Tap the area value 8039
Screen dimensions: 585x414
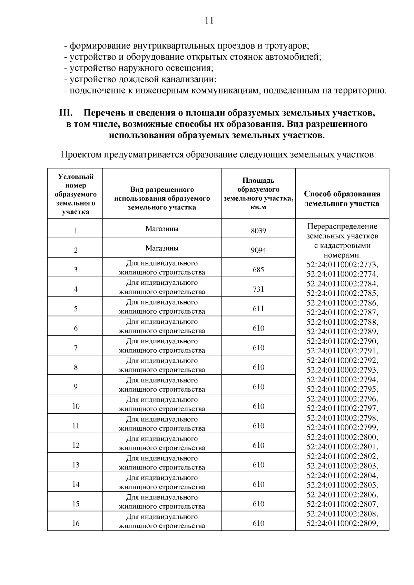(258, 231)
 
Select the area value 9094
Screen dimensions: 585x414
(258, 250)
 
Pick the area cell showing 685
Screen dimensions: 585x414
(258, 270)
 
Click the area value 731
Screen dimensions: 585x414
(258, 289)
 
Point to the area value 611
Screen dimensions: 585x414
(258, 309)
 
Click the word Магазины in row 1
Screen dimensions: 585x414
(162, 229)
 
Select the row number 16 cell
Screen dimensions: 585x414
(76, 523)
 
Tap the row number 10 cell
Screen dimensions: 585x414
(76, 406)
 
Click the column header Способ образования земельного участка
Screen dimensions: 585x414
(342, 199)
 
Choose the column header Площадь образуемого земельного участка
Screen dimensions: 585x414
(258, 194)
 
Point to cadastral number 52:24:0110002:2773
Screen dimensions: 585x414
(342, 265)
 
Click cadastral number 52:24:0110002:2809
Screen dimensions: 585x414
(342, 523)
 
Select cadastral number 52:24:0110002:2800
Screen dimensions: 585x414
(342, 437)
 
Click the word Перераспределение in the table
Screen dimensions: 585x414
(342, 226)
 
